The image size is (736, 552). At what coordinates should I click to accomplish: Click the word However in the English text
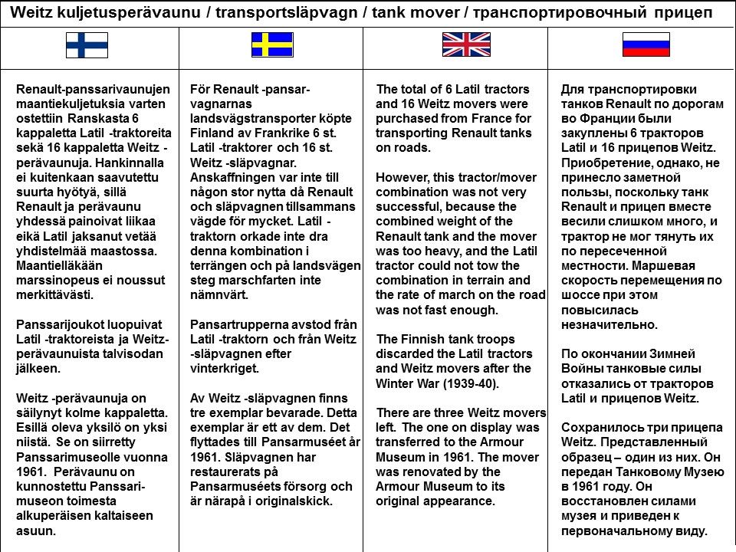pos(401,178)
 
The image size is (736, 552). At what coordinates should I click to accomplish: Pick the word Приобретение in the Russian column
pos(603,163)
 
